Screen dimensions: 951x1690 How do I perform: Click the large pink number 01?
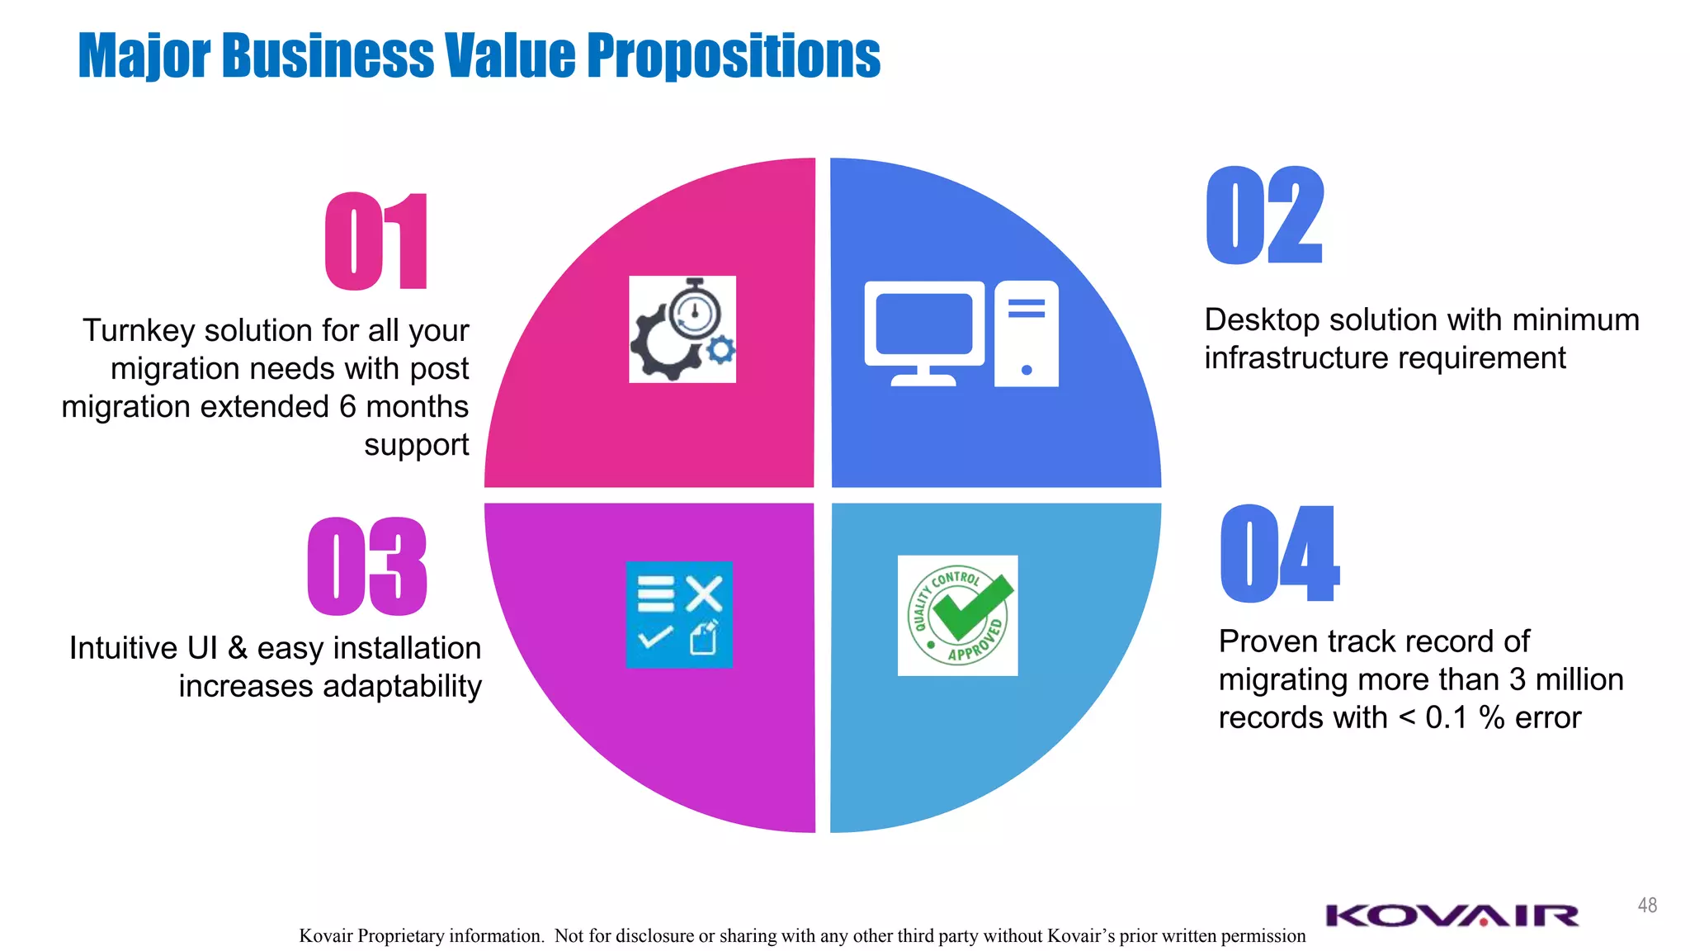coord(376,241)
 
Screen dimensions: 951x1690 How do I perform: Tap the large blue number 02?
coord(1264,215)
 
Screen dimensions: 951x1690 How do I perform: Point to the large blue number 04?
coord(1279,554)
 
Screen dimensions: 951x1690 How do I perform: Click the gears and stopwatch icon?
coord(682,329)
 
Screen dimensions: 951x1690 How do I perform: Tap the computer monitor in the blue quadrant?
coord(924,330)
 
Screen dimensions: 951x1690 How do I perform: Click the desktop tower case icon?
coord(1027,333)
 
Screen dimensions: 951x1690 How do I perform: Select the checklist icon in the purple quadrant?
coord(679,614)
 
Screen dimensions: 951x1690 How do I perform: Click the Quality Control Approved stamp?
coord(957,616)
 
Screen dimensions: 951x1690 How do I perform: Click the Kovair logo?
coord(1452,916)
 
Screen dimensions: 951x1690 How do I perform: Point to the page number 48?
coord(1647,906)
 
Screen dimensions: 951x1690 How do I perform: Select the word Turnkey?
coord(139,331)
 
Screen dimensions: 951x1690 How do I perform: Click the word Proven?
coord(1267,641)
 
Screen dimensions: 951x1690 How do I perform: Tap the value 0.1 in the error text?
coord(1447,717)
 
